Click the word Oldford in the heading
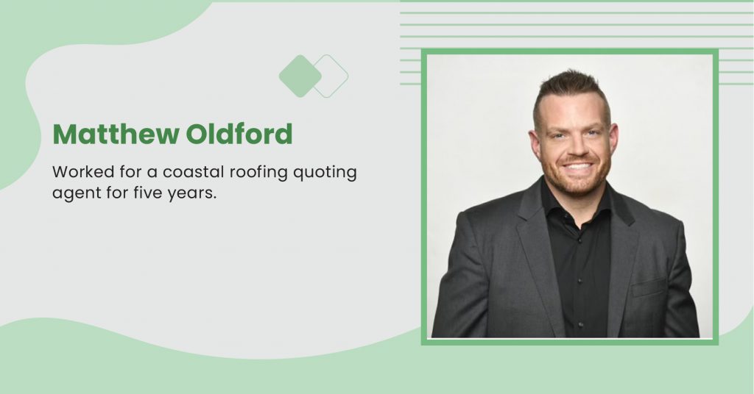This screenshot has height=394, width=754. tap(239, 134)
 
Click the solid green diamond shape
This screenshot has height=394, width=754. tap(300, 76)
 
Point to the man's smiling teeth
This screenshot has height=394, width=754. tap(577, 167)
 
